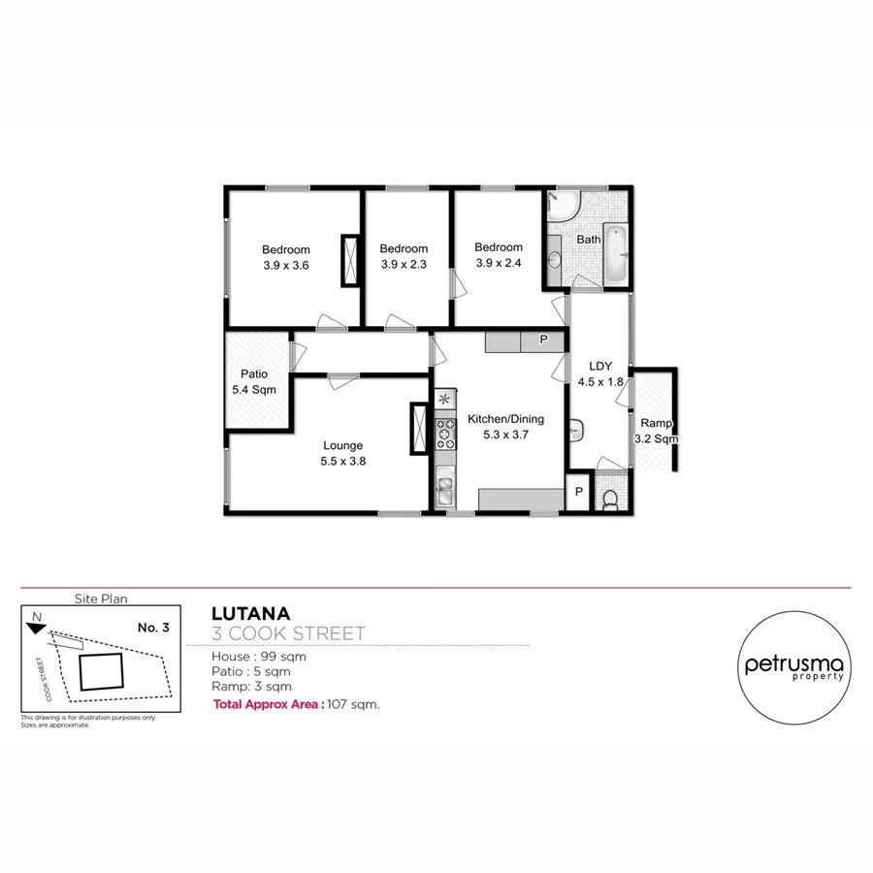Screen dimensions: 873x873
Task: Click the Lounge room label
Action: pos(343,446)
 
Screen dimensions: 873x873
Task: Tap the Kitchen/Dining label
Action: pos(505,419)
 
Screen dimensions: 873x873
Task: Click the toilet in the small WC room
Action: pos(610,499)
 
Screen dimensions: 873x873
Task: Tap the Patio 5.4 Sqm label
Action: pos(254,381)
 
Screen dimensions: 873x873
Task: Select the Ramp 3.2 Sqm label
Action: pos(655,430)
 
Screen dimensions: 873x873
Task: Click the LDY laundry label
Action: pos(600,366)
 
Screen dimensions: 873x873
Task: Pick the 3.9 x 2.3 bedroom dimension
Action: pos(404,264)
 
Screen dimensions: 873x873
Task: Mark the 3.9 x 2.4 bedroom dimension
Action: pos(499,262)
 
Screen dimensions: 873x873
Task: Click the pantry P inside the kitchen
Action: pos(543,339)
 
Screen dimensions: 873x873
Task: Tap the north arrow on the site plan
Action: pos(36,625)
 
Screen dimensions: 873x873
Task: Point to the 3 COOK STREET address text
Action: pos(288,634)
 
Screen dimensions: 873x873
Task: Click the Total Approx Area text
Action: pos(268,705)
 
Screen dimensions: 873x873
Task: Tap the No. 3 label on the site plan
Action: pos(153,628)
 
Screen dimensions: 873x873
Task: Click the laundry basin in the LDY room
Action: pos(577,427)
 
